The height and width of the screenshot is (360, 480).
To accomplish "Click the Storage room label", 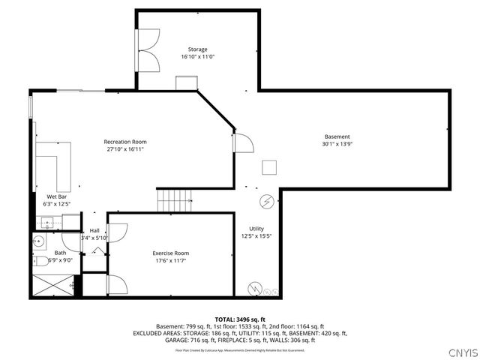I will click(x=198, y=49).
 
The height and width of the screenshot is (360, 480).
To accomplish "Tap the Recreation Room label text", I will click(x=124, y=142).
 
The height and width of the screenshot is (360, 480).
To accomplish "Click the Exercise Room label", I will click(x=171, y=253).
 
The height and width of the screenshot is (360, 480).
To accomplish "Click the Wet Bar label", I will click(x=57, y=196).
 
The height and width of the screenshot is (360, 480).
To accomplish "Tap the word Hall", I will click(x=94, y=230).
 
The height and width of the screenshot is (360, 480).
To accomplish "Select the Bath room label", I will click(x=60, y=253).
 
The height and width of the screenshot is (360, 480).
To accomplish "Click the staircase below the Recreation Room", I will click(x=174, y=200).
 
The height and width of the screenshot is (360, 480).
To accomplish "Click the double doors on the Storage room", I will click(x=148, y=50).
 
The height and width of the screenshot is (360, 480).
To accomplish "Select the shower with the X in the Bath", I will click(x=50, y=286).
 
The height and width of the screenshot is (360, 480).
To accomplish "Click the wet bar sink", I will click(x=46, y=221).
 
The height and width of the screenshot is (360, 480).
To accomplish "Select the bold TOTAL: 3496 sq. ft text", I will click(x=240, y=319).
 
